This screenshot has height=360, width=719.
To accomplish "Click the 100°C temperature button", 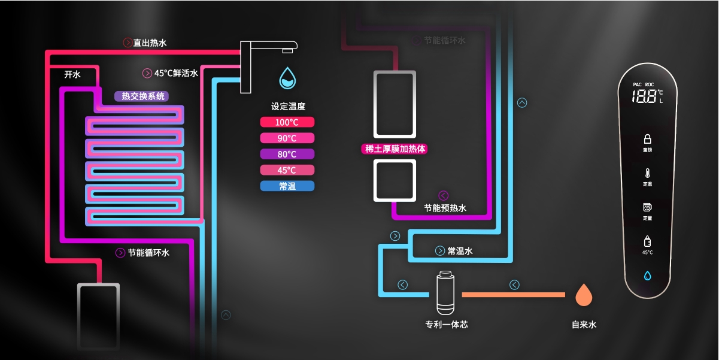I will (x=287, y=122).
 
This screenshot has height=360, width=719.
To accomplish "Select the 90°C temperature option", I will (x=287, y=138).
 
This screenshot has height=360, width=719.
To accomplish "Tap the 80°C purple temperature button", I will (x=287, y=154).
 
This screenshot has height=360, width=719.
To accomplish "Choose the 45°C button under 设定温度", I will (x=287, y=170).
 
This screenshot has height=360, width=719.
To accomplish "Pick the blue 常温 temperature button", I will (x=287, y=186).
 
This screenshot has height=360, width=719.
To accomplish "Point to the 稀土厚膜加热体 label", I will (x=395, y=149).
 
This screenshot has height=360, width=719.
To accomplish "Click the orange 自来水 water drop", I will (x=584, y=294).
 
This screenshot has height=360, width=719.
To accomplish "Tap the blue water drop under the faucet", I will (x=288, y=78).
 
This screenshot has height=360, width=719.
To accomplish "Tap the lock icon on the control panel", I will (x=647, y=138).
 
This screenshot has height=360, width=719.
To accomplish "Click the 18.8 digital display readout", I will (x=644, y=97).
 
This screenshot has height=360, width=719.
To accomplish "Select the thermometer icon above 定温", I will (x=647, y=173).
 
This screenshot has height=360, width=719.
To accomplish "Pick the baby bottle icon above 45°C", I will (x=647, y=241).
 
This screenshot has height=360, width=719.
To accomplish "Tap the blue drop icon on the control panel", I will (x=647, y=276).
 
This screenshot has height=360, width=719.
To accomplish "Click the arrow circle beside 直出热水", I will (x=127, y=43).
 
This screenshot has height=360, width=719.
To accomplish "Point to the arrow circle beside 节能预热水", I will (x=443, y=195).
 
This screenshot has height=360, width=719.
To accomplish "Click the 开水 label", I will (x=72, y=74).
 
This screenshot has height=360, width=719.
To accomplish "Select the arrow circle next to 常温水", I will (x=440, y=251).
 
